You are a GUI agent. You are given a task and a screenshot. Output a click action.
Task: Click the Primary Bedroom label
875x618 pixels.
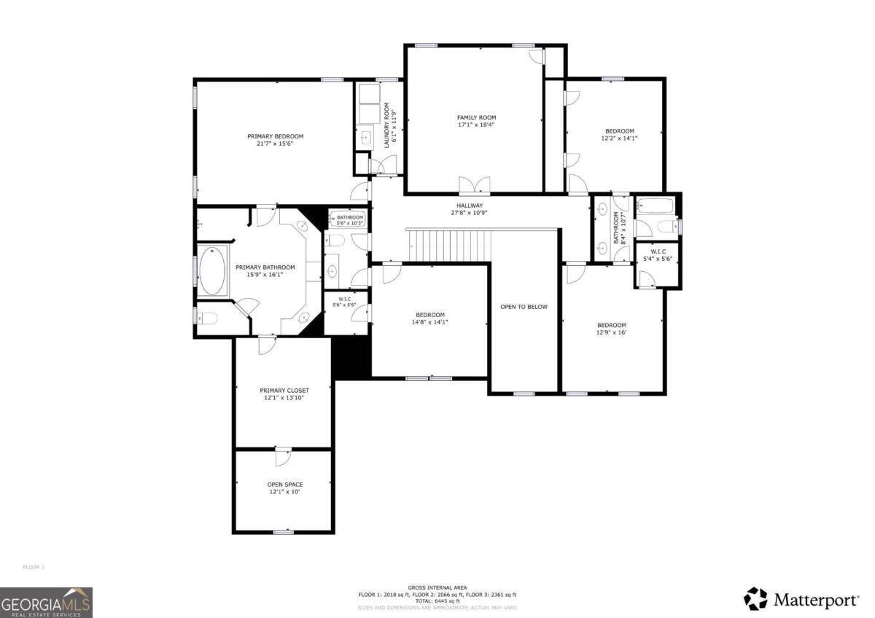tap(275, 136)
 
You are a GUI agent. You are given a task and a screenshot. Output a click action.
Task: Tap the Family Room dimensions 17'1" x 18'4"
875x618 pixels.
tap(476, 125)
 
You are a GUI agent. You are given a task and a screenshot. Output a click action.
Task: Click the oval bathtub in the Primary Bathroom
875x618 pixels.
tap(213, 271)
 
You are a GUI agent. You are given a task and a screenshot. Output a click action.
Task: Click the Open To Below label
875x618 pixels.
tap(524, 307)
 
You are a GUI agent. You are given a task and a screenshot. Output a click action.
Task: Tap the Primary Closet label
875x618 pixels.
tap(284, 391)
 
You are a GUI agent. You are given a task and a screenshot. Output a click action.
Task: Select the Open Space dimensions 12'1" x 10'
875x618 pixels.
tap(284, 492)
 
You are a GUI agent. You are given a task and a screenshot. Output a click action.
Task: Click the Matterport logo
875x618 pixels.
tap(801, 599)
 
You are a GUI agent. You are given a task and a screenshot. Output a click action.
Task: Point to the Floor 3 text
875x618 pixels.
tap(34, 566)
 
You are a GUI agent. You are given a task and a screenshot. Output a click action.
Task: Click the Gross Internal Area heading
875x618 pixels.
tap(437, 587)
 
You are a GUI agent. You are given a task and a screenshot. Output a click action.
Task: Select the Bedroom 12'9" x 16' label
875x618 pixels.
tap(611, 325)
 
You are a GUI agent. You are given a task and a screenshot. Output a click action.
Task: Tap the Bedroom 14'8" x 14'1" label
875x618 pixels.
tap(430, 315)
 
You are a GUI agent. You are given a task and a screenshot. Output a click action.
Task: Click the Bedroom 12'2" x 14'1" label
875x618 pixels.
tap(619, 131)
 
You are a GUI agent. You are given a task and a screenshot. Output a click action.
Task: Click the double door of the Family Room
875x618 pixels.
tap(474, 184)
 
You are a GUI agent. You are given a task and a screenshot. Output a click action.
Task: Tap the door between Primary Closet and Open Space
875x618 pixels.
tap(281, 456)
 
